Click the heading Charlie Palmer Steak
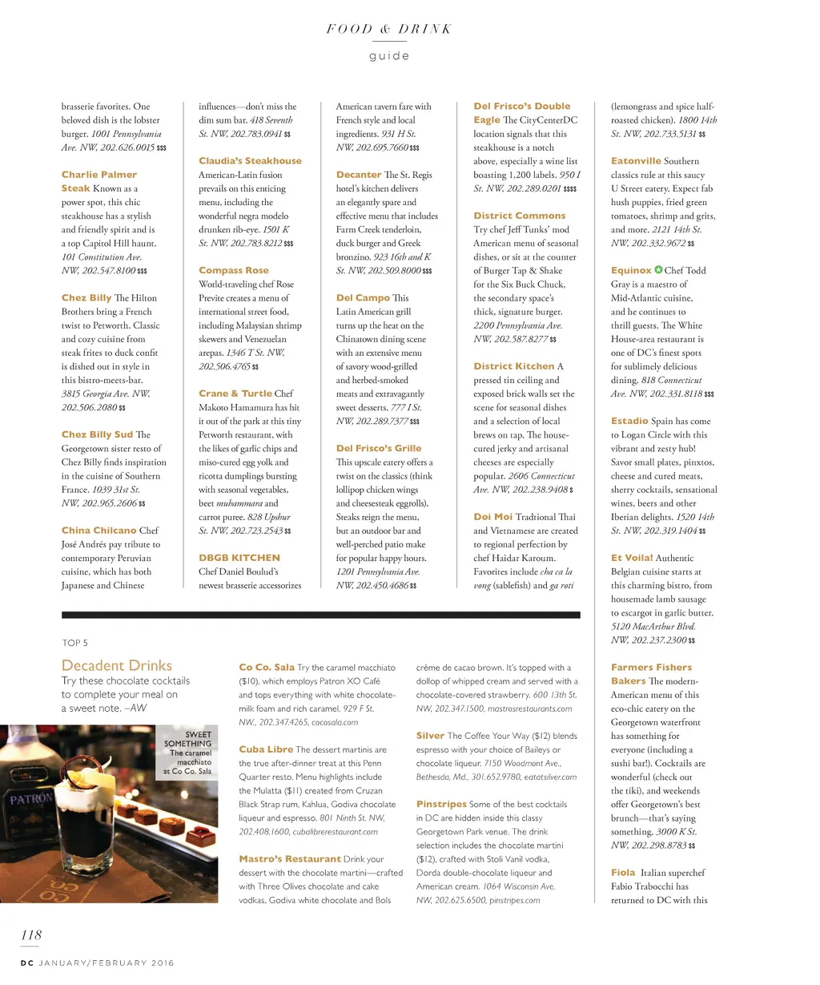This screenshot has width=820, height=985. click(98, 181)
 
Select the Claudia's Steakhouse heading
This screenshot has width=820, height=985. click(250, 161)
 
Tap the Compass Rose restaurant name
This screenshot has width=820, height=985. click(234, 271)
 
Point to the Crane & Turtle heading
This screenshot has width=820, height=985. click(235, 394)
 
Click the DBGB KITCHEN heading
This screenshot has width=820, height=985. click(239, 558)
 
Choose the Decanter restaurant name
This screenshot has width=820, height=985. click(358, 175)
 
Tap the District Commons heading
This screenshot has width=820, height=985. click(519, 216)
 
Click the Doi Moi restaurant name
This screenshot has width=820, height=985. click(492, 517)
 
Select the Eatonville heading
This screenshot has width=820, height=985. click(636, 161)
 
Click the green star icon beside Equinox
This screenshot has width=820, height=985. click(658, 270)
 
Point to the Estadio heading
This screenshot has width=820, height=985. click(629, 421)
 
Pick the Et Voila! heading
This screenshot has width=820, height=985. click(632, 558)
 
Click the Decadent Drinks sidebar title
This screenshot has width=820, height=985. click(117, 665)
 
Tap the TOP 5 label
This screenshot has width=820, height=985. click(75, 643)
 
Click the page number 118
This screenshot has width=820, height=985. click(31, 935)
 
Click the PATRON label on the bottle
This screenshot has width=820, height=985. click(30, 799)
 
